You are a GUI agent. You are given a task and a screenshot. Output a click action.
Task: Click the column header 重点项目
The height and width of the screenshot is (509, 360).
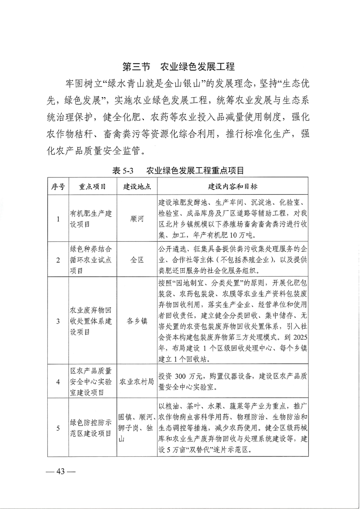point(92,186)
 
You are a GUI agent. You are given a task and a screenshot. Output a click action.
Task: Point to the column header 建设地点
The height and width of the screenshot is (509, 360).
point(137,186)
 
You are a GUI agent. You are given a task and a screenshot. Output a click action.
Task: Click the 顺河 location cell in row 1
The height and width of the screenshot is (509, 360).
point(137,219)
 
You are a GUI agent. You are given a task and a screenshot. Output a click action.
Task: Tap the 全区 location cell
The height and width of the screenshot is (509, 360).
point(137,260)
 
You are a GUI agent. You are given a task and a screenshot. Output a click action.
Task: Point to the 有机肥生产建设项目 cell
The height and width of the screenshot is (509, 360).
point(92,219)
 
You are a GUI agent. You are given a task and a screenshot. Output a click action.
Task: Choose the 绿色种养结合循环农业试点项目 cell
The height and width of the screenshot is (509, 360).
point(92,260)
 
